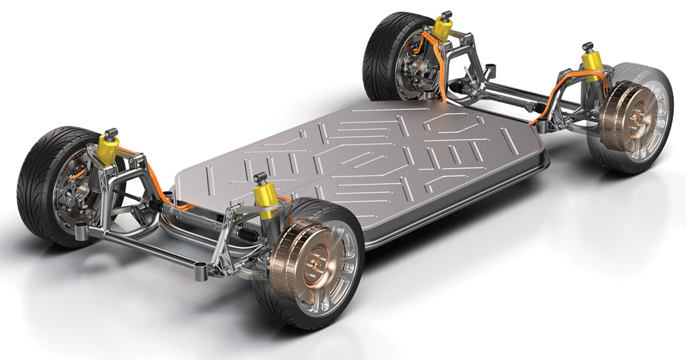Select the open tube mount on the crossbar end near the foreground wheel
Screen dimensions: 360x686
(x=198, y=272)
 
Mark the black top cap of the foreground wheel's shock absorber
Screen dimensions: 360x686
(x=258, y=179)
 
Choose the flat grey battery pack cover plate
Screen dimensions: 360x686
(x=360, y=160)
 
